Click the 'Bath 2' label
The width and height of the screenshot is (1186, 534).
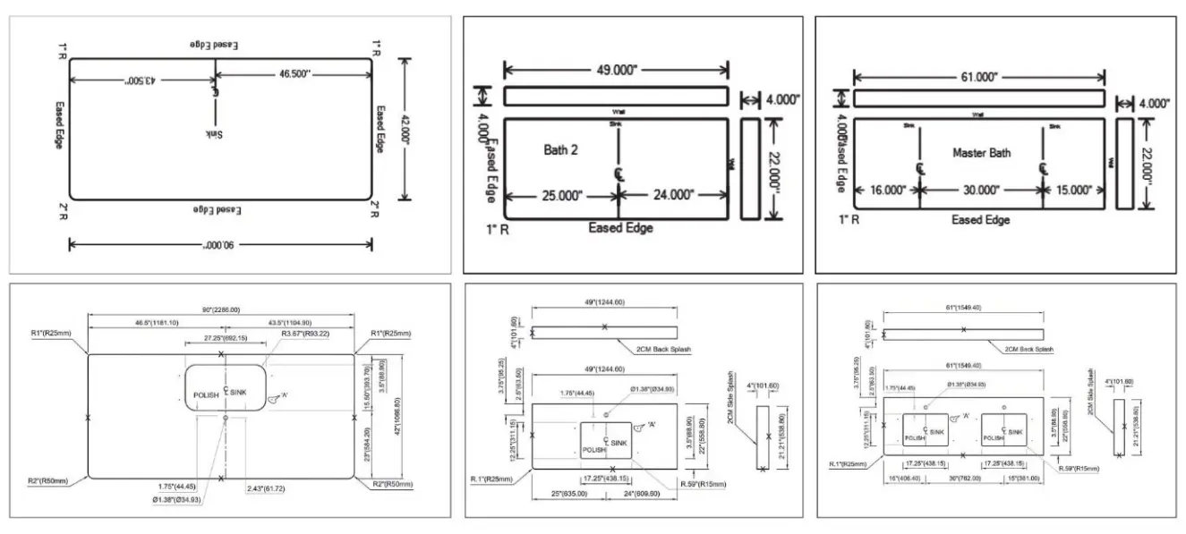click(560, 149)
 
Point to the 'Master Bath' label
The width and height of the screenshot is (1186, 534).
click(981, 153)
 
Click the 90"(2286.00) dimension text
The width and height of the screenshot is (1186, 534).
click(220, 309)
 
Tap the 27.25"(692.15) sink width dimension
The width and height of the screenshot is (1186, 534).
click(226, 339)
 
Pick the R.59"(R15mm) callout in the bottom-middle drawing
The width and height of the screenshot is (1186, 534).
click(703, 484)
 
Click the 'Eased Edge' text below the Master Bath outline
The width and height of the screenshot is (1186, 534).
click(981, 219)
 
